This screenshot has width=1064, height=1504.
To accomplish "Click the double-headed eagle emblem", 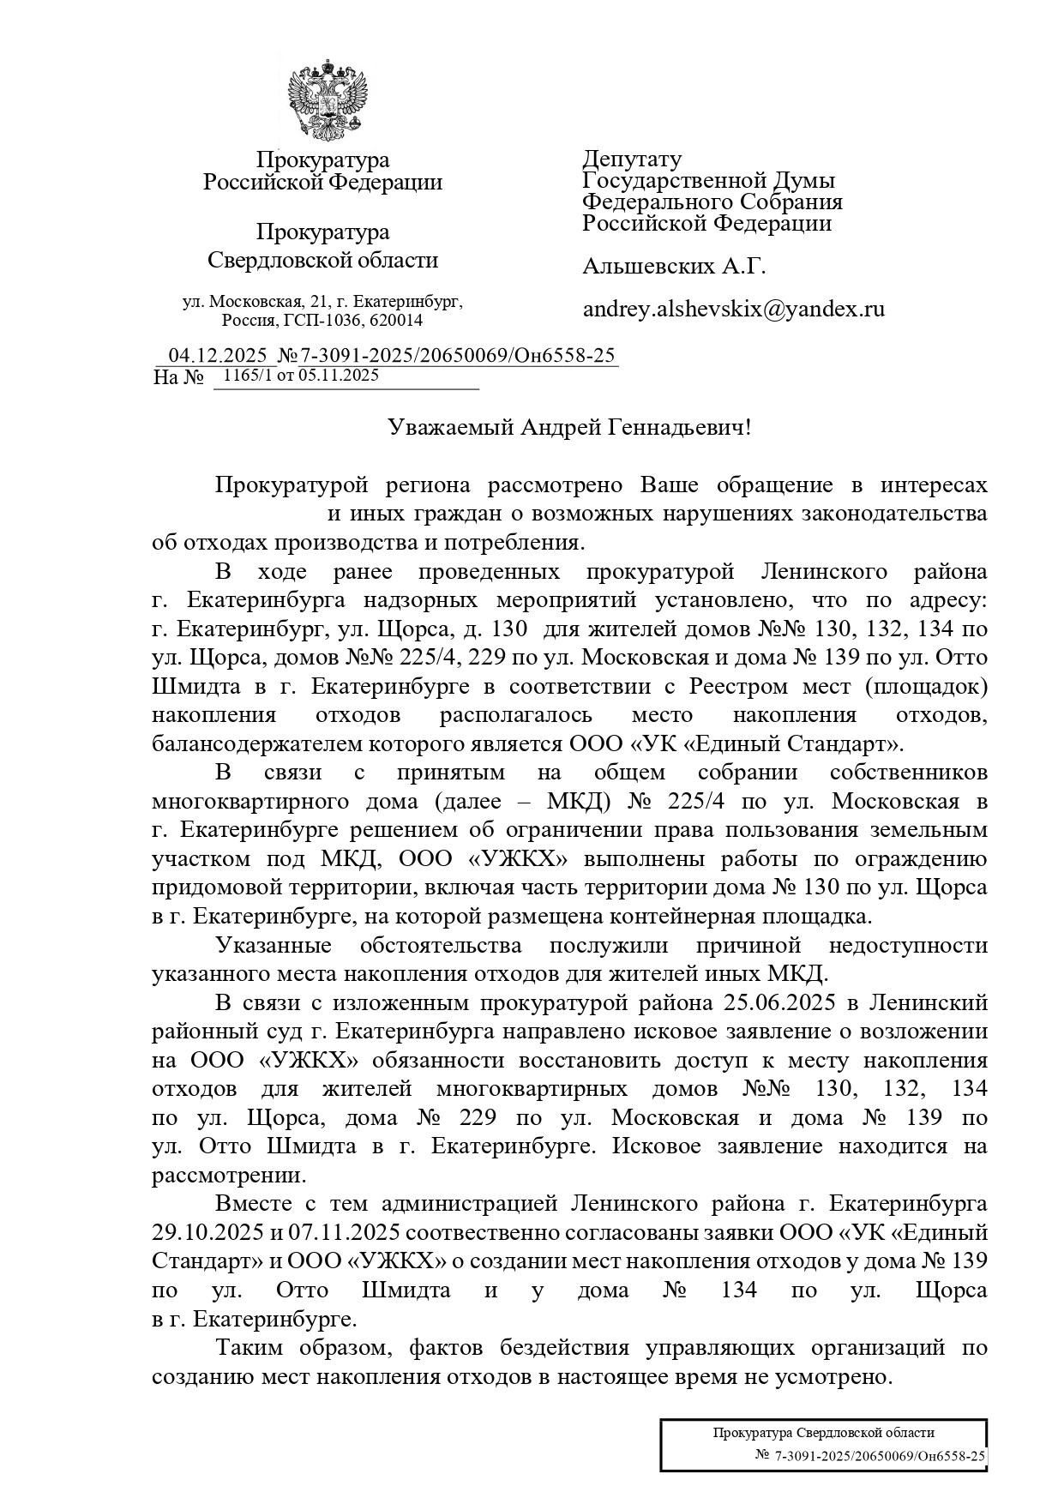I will pyautogui.click(x=327, y=96).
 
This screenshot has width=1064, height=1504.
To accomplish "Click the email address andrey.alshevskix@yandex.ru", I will pyautogui.click(x=733, y=310).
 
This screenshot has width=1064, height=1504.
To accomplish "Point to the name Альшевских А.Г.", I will pyautogui.click(x=673, y=267).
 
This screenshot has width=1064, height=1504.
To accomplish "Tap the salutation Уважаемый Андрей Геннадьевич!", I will pyautogui.click(x=568, y=427).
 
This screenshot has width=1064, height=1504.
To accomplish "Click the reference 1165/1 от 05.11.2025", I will pyautogui.click(x=301, y=375).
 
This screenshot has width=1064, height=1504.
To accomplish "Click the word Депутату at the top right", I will pyautogui.click(x=633, y=159).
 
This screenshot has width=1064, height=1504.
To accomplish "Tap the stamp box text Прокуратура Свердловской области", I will pyautogui.click(x=823, y=1433).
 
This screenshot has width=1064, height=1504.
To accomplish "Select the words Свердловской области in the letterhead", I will pyautogui.click(x=323, y=260).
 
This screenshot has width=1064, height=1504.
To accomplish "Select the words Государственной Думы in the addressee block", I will pyautogui.click(x=708, y=180).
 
